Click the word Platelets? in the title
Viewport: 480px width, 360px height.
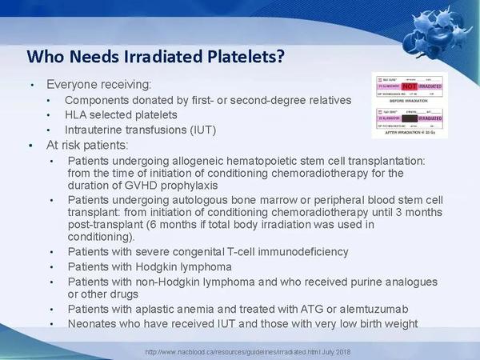(x=240, y=57)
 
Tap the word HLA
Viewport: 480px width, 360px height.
(x=77, y=115)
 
